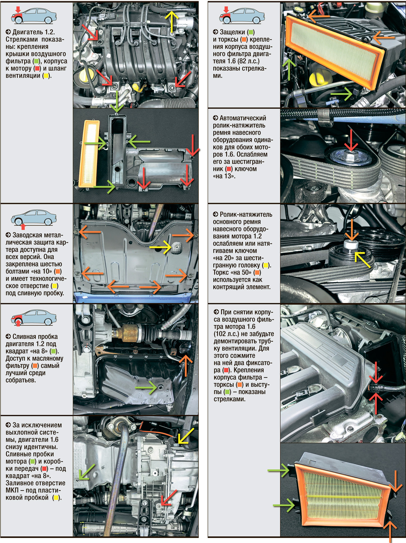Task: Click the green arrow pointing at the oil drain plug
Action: coord(146,387)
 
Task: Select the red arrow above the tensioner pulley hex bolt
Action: coord(351,141)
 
